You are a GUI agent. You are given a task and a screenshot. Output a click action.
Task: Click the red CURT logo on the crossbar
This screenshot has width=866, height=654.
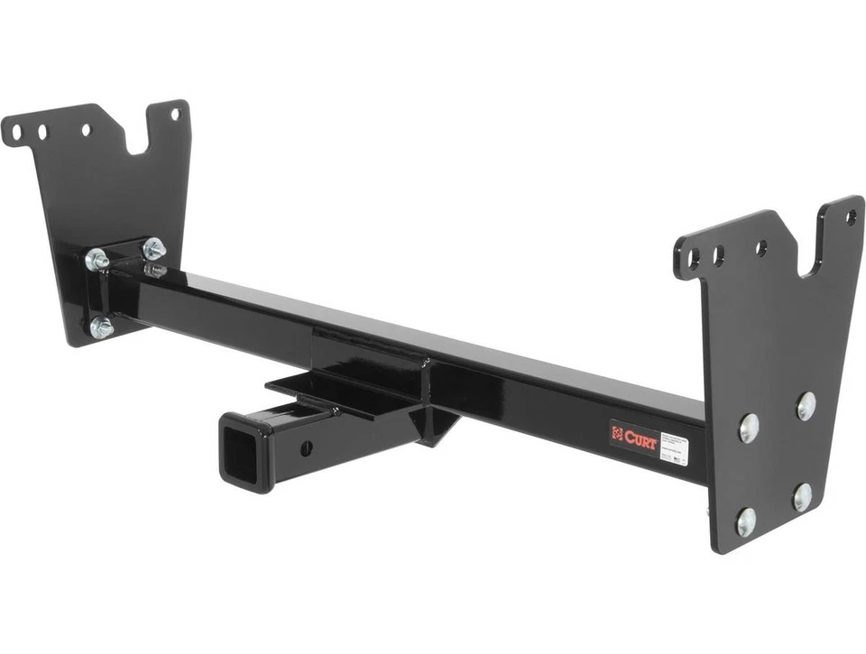634,436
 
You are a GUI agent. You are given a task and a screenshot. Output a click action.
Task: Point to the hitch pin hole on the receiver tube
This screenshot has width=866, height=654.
306,447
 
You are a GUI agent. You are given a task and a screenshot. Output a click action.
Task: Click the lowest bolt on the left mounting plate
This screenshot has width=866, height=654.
102,327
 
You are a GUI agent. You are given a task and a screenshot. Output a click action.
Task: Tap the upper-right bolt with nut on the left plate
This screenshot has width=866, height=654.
153,247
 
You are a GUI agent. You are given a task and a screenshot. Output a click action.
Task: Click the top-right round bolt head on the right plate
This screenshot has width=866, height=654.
806,406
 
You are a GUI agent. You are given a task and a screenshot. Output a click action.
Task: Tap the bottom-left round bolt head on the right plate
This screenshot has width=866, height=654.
745,520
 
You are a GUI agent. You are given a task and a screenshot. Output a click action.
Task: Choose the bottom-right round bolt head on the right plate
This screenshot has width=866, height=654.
802,497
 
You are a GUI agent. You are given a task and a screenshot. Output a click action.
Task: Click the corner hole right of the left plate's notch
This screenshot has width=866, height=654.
175,114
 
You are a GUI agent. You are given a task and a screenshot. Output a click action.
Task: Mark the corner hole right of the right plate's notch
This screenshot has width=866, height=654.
850,216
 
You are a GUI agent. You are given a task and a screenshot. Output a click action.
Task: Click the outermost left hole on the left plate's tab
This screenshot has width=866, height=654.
15,136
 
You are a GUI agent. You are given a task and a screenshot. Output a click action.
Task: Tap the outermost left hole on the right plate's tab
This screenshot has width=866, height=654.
694,261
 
